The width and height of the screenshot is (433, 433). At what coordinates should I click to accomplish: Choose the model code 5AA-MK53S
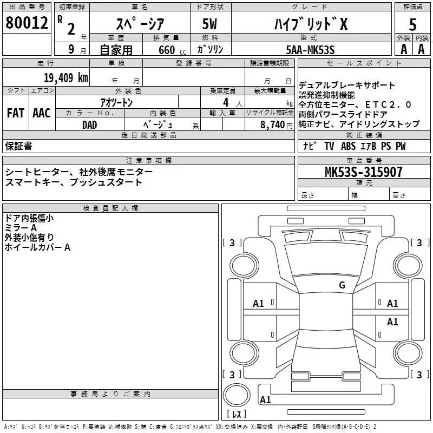310,50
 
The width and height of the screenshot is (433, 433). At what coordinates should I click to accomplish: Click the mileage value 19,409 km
64,77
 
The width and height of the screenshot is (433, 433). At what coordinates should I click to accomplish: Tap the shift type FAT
15,113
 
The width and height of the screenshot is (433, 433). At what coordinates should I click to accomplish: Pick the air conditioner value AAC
41,113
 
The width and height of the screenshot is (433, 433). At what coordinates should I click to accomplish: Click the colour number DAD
90,124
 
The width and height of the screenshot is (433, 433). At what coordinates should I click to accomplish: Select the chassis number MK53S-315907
363,172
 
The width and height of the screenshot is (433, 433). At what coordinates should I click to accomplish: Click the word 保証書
18,146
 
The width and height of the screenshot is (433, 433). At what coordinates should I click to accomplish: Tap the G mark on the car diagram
342,285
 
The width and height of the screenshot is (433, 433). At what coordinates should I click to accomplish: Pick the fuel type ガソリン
210,49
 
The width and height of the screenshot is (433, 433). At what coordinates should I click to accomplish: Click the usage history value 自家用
116,50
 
